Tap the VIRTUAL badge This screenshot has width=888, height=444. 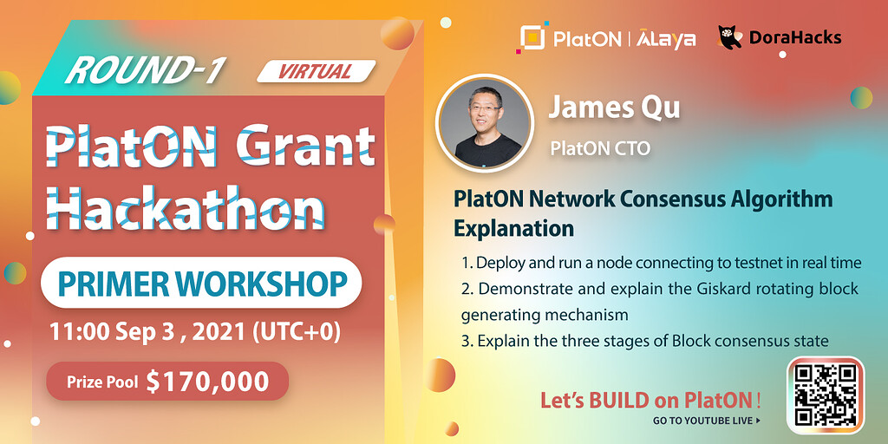point(316,71)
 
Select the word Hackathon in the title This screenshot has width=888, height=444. point(185,207)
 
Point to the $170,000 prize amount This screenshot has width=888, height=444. point(207,381)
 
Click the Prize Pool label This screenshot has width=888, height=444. point(102,382)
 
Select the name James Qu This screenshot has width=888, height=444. point(614,108)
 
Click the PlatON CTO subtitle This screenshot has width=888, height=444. point(600,148)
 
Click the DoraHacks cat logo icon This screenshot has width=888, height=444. point(729,36)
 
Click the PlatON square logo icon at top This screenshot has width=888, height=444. point(532,37)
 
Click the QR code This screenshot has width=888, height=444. point(825,395)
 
